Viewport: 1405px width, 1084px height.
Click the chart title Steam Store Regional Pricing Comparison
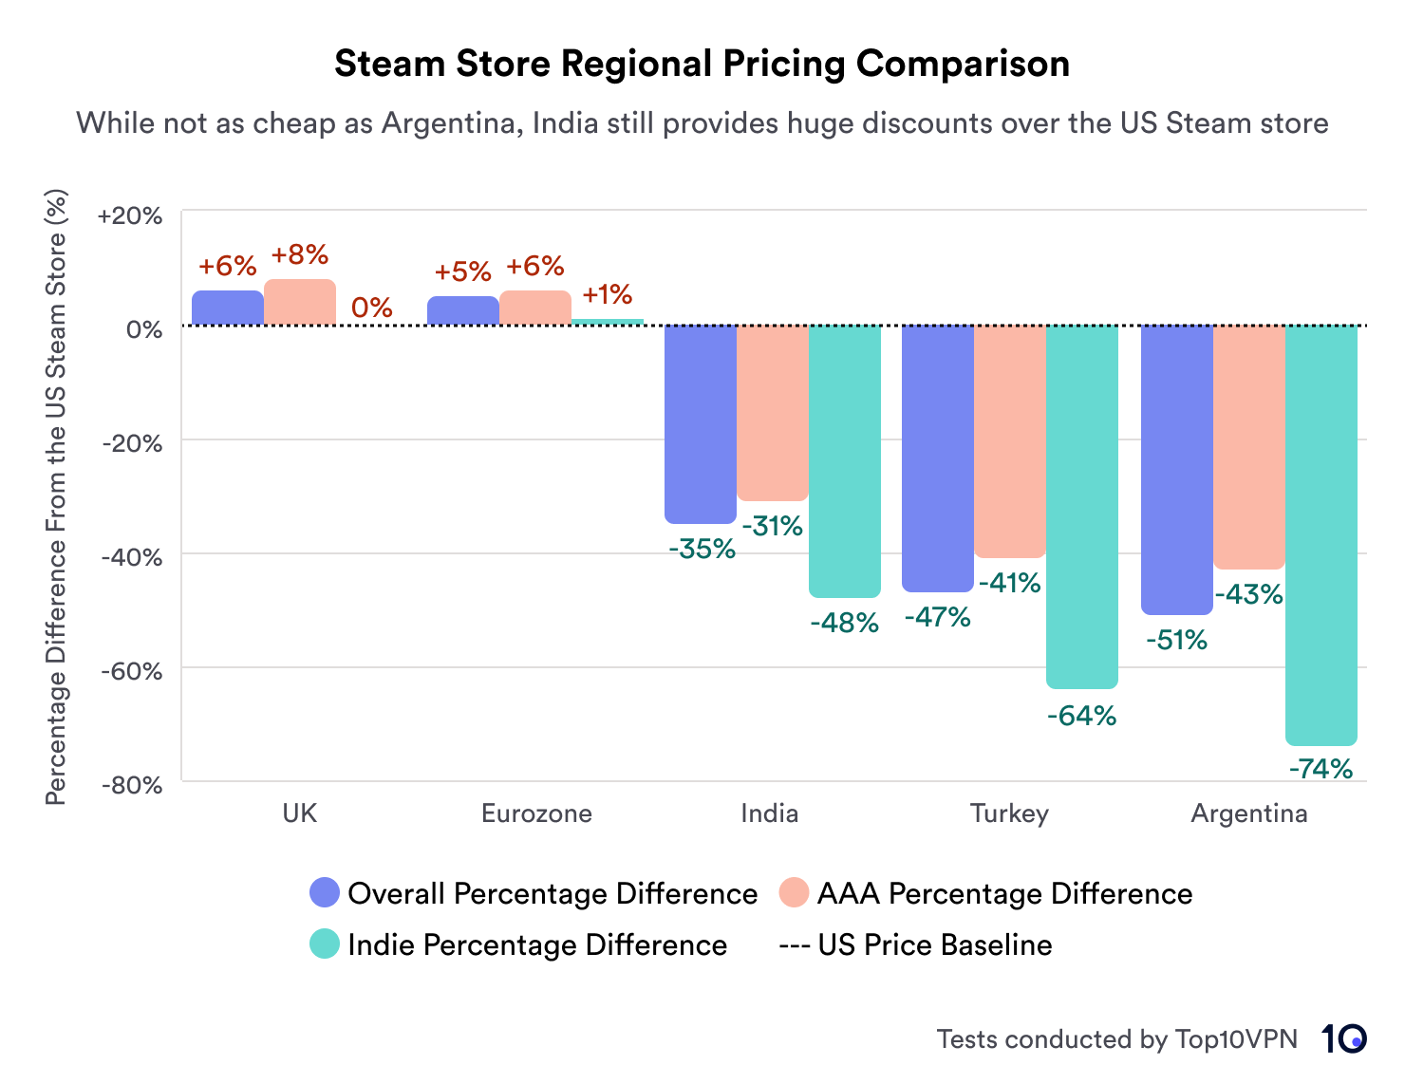point(702,64)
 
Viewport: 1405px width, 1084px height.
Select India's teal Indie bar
point(844,460)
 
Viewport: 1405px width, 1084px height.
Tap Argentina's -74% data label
point(1321,769)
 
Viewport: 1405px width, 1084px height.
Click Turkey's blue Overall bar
point(937,458)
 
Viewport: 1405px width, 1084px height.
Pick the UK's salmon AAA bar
point(299,302)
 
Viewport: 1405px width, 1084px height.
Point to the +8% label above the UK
point(299,254)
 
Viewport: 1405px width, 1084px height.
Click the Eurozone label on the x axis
point(536,813)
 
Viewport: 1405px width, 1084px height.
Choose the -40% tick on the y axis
point(132,556)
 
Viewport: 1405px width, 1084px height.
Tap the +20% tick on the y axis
point(130,215)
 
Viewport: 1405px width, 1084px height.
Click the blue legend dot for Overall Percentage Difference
point(325,893)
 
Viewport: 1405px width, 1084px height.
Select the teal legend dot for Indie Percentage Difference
point(325,944)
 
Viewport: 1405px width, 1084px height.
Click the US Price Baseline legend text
point(935,944)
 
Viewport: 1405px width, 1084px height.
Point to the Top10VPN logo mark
point(1343,1038)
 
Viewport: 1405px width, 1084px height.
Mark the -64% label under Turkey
point(1081,716)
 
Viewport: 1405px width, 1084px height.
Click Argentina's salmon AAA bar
point(1248,446)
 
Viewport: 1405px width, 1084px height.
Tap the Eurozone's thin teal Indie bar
point(608,322)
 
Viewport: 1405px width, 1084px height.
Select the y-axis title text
point(57,497)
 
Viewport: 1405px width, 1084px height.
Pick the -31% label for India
point(772,526)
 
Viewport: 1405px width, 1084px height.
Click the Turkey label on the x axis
point(1009,813)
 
